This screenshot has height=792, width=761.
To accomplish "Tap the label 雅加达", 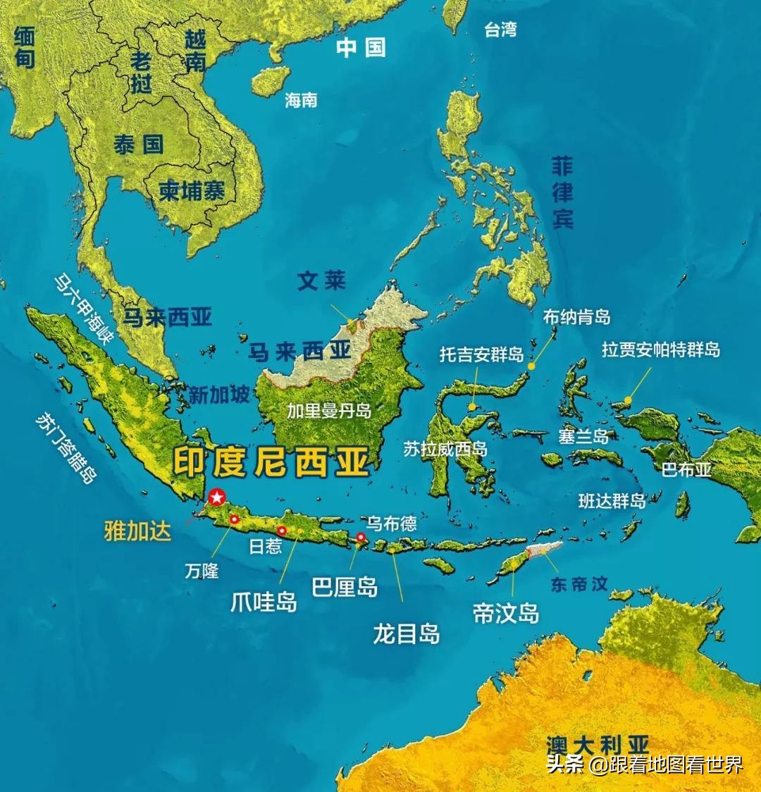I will pos(137,531).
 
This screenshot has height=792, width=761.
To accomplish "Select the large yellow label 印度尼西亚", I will pos(271,464).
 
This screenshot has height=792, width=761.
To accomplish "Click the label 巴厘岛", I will pos(345,587).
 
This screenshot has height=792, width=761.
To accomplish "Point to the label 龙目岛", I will pos(407,634).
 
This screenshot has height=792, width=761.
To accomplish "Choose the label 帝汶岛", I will pos(506,613).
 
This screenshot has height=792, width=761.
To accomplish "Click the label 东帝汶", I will pos(579,584).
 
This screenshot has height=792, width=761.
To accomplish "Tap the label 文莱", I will pos(321,281).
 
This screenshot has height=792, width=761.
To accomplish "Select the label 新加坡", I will pos(219,395).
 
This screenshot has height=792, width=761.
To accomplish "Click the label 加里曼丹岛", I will pos(329,411).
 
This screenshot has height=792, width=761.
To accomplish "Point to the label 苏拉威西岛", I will pos(445,449).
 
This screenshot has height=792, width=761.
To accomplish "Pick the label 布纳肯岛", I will pos(576,318).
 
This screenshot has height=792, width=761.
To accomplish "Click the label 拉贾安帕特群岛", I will pos(661,349).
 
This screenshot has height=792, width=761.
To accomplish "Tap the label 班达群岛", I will pos(612,501).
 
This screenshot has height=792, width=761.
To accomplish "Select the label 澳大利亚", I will pos(597,744).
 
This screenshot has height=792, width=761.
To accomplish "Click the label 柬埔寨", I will pos(192,190).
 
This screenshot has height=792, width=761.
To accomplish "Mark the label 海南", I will pos(301,101).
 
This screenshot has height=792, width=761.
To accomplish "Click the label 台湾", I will pos(501,30).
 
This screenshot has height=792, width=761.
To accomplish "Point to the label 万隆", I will pos(202,571).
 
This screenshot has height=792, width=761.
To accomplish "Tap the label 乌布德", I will pos(392,524).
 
